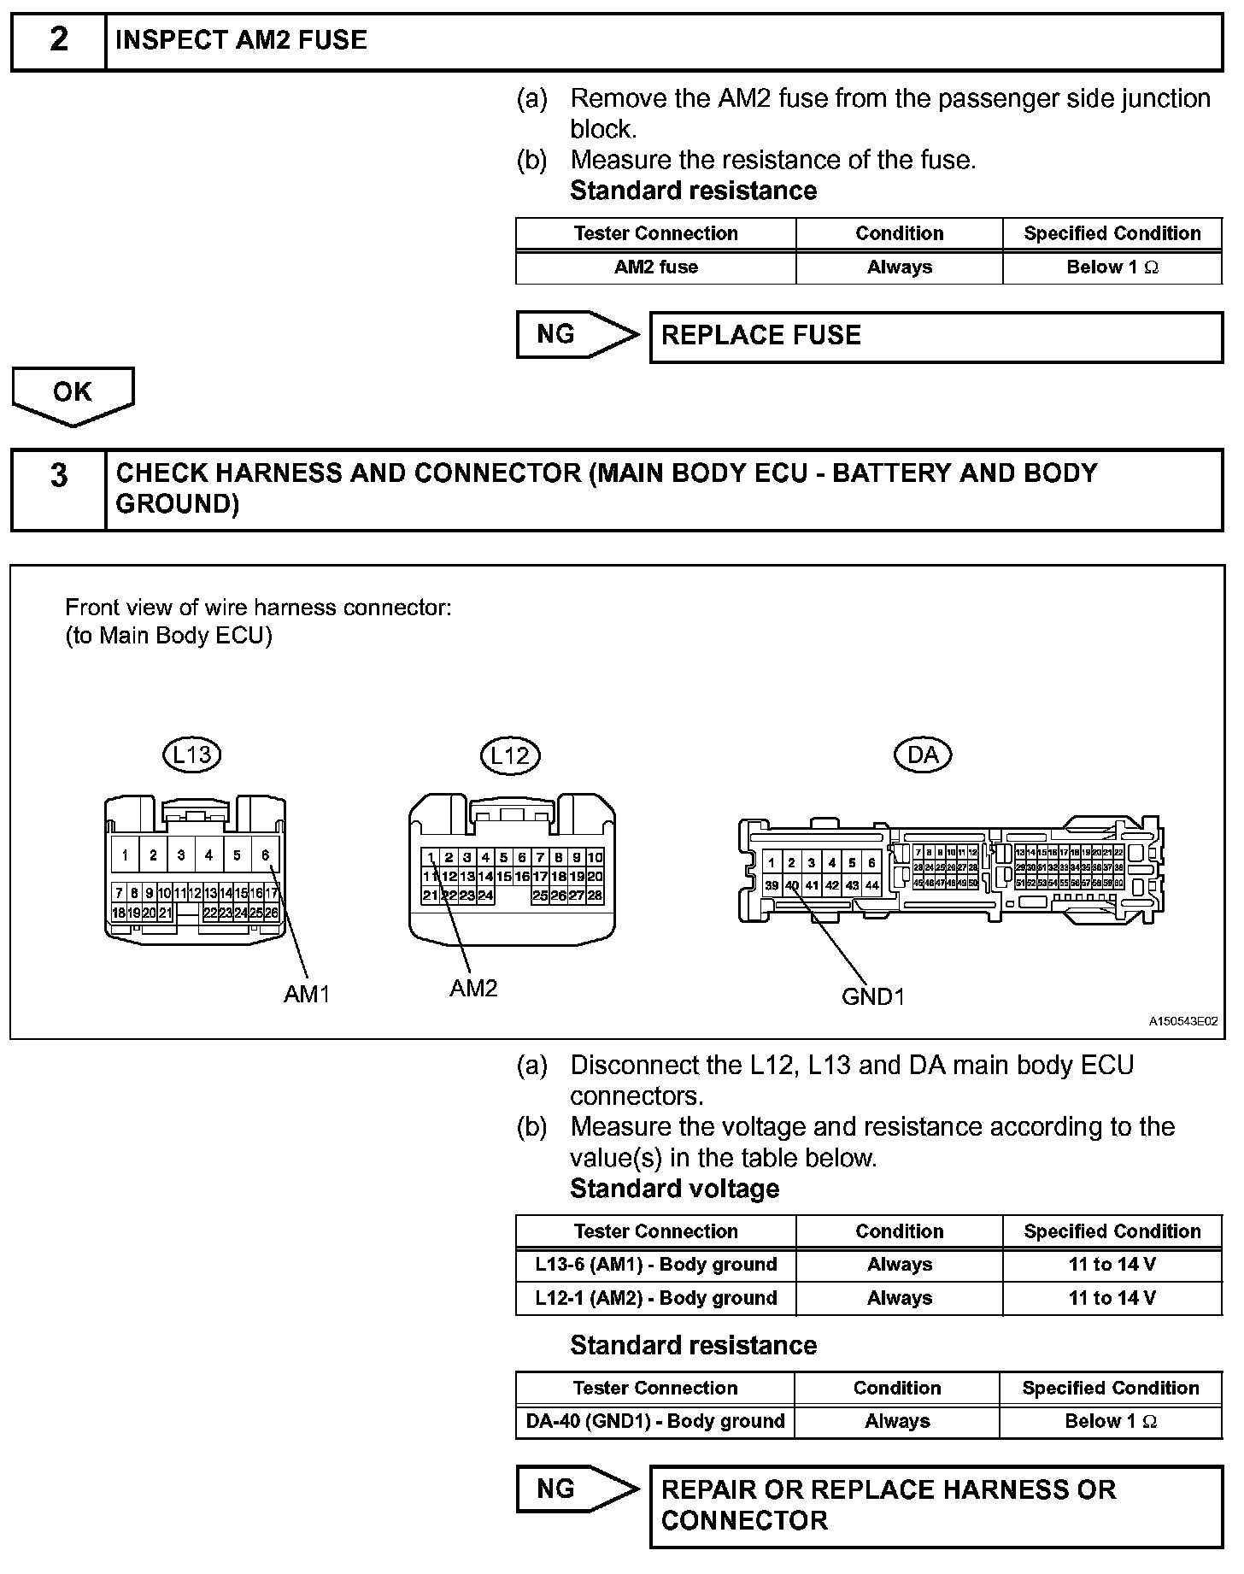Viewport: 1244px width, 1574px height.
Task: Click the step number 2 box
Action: [x=58, y=40]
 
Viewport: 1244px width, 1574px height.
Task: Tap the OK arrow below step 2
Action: [x=73, y=395]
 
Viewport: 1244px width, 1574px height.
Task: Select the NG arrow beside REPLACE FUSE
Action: [x=576, y=335]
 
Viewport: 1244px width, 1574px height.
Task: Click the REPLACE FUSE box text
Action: [x=760, y=336]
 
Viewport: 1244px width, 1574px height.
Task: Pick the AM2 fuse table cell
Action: [x=655, y=267]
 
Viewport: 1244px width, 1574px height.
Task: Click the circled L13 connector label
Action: [x=191, y=755]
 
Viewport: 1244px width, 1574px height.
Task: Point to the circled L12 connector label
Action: [x=510, y=755]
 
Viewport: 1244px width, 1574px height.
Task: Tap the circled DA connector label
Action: [x=922, y=755]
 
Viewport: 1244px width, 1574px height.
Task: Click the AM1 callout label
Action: [x=307, y=994]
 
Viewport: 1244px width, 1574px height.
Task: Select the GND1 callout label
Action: [x=872, y=996]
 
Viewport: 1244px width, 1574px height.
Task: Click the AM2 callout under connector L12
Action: [x=473, y=989]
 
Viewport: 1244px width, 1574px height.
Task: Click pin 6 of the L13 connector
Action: [x=266, y=855]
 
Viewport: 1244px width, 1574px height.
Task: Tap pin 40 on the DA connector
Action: [x=792, y=885]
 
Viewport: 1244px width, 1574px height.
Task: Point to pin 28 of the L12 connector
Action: [x=595, y=896]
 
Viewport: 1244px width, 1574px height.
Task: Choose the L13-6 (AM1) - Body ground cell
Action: [x=655, y=1265]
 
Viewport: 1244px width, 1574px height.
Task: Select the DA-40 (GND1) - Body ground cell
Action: [x=655, y=1421]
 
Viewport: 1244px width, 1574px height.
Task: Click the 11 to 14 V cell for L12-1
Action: [x=1112, y=1298]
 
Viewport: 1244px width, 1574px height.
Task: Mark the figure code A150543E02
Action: [x=1182, y=1021]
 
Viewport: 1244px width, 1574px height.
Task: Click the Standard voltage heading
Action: [x=674, y=1189]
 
